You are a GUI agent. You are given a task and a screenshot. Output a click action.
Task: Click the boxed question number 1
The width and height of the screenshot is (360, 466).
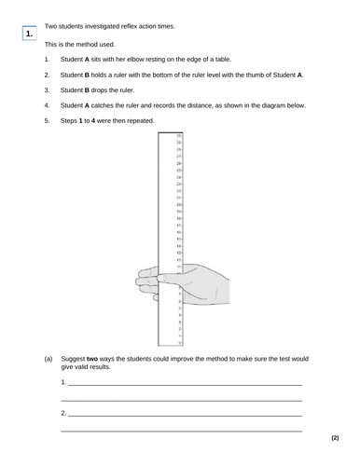click(32, 34)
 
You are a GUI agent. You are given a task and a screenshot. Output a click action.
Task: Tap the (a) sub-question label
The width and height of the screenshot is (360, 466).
click(49, 359)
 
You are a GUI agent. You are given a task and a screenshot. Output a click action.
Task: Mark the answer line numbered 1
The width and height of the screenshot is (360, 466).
click(182, 384)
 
